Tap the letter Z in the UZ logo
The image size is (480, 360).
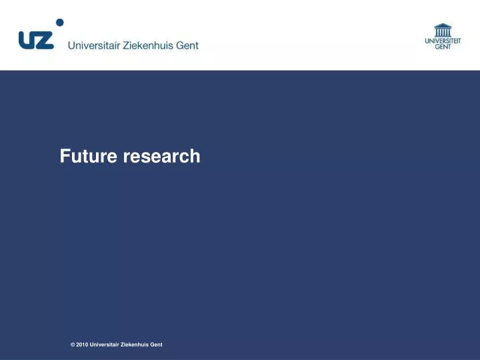tap(45, 40)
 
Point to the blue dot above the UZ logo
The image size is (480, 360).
tap(59, 22)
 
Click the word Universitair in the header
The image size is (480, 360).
tap(93, 45)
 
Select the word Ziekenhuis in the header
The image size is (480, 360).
tap(147, 45)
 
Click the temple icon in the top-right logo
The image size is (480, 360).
tap(443, 30)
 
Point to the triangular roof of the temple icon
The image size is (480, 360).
tap(443, 25)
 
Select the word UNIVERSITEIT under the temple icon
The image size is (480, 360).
tap(443, 41)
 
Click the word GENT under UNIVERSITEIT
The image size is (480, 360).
tap(443, 47)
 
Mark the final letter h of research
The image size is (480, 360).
tap(195, 156)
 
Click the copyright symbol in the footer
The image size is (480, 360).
tap(72, 345)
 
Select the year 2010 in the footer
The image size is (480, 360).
tap(81, 345)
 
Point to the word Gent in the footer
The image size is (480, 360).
tap(157, 345)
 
